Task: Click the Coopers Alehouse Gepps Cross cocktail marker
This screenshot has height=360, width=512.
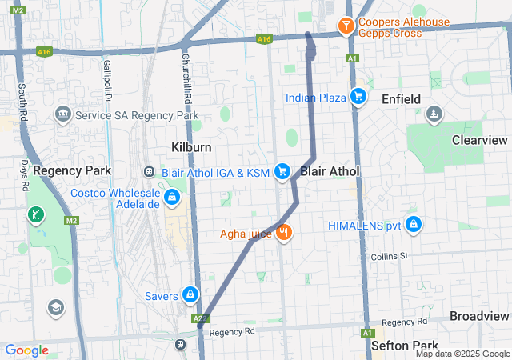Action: [x=346, y=26]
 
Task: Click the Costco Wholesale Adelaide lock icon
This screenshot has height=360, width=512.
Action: [x=171, y=198]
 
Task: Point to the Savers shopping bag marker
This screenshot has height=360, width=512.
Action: [x=190, y=296]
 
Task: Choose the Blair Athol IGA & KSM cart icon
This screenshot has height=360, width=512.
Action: [x=282, y=171]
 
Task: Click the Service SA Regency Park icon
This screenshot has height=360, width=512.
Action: [x=62, y=115]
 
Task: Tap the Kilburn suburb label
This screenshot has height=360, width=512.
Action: [x=191, y=147]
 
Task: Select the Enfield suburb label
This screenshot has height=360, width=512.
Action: [x=402, y=98]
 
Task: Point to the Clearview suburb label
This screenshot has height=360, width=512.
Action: [x=479, y=139]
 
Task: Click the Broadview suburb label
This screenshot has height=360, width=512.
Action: [x=479, y=315]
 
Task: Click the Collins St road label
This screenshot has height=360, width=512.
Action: [x=390, y=256]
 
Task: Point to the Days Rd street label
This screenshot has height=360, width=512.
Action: [x=25, y=175]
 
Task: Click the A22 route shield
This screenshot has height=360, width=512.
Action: [x=199, y=318]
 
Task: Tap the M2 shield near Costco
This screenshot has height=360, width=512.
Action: [x=72, y=220]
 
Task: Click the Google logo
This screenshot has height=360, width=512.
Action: [x=26, y=350]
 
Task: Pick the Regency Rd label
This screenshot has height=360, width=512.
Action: [x=231, y=331]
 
